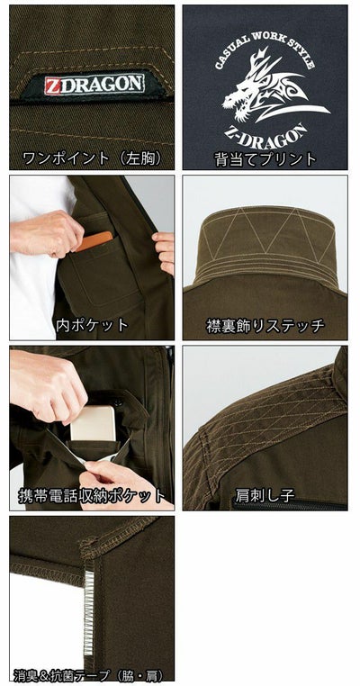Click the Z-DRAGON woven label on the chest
pyautogui.click(x=93, y=84)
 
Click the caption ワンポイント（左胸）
pyautogui.click(x=92, y=158)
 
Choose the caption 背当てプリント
pyautogui.click(x=265, y=158)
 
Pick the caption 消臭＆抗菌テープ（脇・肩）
pyautogui.click(x=92, y=673)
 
